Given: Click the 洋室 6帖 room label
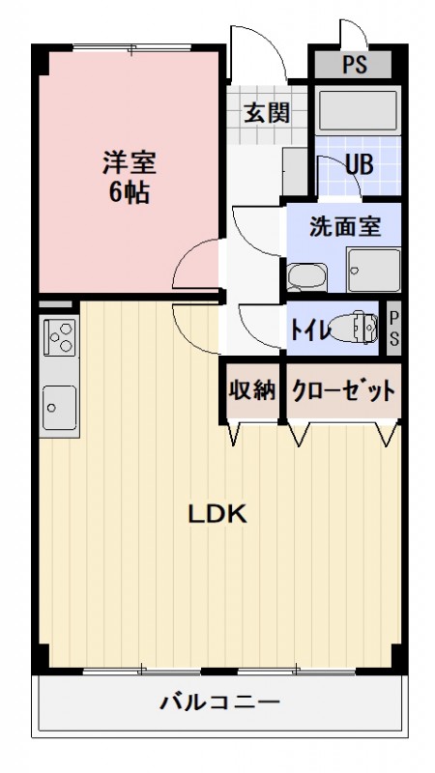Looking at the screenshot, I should [x=129, y=176].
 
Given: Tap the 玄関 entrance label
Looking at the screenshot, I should [x=265, y=113].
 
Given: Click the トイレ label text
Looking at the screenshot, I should [x=309, y=329].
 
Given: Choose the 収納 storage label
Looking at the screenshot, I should [x=252, y=390].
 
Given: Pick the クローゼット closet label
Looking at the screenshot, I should [x=342, y=390].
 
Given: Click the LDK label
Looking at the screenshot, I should [x=217, y=514].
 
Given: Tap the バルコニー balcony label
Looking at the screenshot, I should [x=219, y=701].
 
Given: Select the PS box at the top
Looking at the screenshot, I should [x=354, y=67].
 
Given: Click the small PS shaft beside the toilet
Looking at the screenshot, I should [x=393, y=329].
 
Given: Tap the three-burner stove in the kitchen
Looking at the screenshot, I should [x=59, y=338].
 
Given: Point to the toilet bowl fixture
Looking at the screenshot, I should [x=354, y=329].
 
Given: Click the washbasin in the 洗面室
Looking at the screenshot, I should [x=304, y=277].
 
